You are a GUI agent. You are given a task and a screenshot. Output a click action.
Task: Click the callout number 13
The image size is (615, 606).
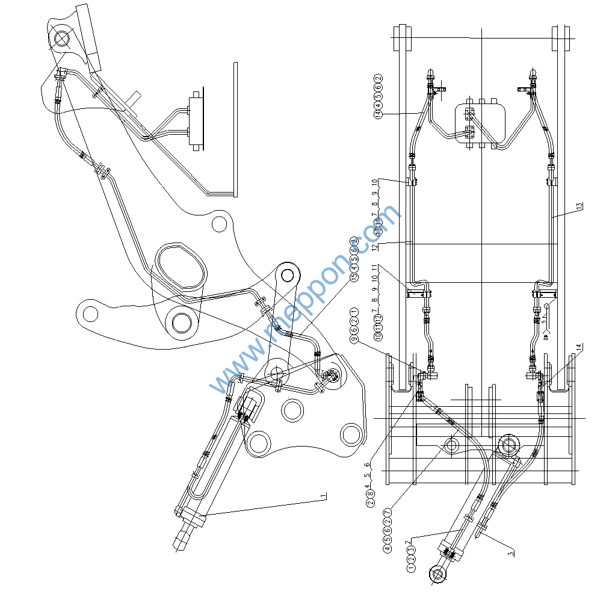pyautogui.click(x=579, y=206)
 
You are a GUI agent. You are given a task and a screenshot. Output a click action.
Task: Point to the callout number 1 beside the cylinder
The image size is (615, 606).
pyautogui.click(x=323, y=496)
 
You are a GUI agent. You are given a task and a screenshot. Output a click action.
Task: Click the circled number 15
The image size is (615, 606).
pyautogui.click(x=354, y=277)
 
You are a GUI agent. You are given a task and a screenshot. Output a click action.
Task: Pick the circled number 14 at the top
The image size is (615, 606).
pyautogui.click(x=379, y=113)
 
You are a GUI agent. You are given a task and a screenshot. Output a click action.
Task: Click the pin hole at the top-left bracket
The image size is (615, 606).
pyautogui.click(x=61, y=39)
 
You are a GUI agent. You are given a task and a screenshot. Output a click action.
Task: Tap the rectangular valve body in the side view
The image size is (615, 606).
pyautogui.click(x=196, y=122)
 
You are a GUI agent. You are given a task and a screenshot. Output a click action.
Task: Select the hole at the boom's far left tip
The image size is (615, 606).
pyautogui.click(x=90, y=313)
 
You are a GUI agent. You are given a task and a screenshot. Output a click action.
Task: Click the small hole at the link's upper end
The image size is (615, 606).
pyautogui.click(x=289, y=275)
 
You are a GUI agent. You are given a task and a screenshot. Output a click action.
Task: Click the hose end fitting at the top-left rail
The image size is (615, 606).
pyautogui.click(x=431, y=75)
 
